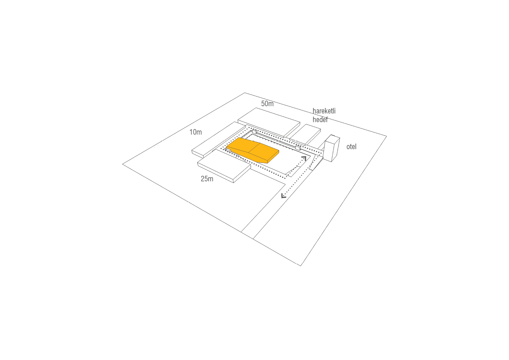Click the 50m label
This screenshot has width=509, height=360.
click(x=267, y=104)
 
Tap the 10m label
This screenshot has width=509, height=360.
click(x=196, y=132)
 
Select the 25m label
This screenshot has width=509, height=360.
click(x=207, y=179)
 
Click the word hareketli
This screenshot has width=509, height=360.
click(x=324, y=111)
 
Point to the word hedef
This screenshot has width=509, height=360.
click(x=320, y=120)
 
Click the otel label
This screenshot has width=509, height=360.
click(x=351, y=146)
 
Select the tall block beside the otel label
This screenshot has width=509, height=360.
click(x=332, y=148)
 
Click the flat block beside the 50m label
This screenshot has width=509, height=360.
click(x=269, y=122)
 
